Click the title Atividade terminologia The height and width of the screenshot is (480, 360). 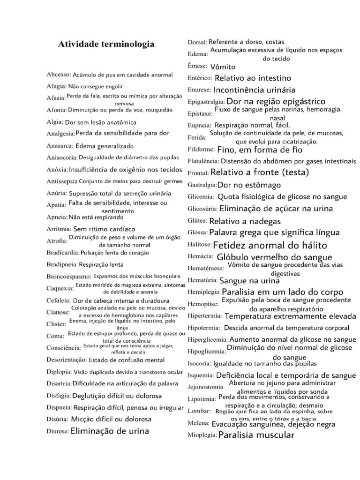pyautogui.click(x=105, y=45)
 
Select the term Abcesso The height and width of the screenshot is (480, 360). pyautogui.click(x=58, y=75)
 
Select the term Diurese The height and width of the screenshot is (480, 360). pyautogui.click(x=57, y=431)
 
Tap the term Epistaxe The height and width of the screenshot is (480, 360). pyautogui.click(x=200, y=113)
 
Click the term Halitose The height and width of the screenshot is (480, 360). pyautogui.click(x=199, y=245)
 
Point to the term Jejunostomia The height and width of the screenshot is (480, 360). pyautogui.click(x=205, y=387)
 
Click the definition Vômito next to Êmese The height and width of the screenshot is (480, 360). pyautogui.click(x=223, y=67)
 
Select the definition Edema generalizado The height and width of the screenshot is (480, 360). pyautogui.click(x=104, y=146)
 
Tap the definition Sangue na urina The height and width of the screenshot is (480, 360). pyautogui.click(x=249, y=281)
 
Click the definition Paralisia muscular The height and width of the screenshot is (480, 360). pyautogui.click(x=256, y=435)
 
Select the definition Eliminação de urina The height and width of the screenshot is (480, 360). pyautogui.click(x=110, y=431)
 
